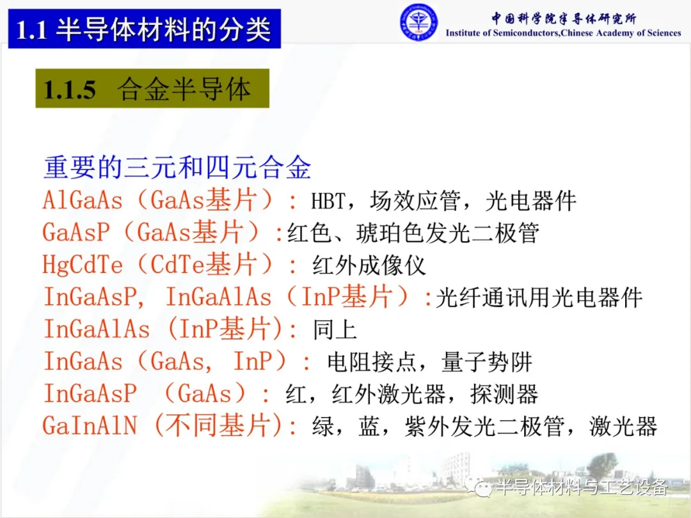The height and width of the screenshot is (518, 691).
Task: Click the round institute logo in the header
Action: (418, 22)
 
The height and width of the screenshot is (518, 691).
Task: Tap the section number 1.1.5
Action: (70, 90)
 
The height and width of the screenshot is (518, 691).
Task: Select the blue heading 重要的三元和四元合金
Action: (177, 168)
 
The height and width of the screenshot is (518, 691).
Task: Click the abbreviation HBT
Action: (328, 201)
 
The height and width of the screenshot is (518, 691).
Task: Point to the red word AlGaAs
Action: (83, 201)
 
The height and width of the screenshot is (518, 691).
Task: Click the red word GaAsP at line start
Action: (75, 233)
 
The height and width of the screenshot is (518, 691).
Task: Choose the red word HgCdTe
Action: (83, 265)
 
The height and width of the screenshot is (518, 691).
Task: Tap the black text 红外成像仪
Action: (369, 265)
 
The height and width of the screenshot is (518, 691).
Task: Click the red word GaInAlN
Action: (90, 426)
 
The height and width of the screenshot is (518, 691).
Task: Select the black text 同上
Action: (335, 329)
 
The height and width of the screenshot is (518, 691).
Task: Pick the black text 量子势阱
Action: (486, 361)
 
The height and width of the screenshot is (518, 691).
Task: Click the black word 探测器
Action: (504, 394)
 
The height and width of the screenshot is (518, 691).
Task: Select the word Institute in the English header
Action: (463, 33)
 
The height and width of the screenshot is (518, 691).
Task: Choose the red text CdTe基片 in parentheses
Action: (203, 265)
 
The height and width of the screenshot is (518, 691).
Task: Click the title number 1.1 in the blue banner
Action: (31, 31)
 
